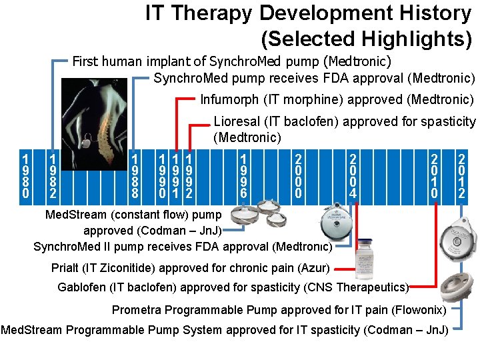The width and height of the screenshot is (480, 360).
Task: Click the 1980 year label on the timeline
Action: click(25, 177)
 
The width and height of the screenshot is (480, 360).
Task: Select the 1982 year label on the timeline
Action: click(52, 177)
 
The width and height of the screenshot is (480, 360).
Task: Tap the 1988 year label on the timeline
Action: click(135, 177)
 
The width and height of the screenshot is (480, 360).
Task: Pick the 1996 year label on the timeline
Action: click(245, 177)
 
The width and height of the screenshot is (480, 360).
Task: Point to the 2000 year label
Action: click(299, 177)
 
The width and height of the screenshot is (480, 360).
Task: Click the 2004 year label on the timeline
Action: click(353, 177)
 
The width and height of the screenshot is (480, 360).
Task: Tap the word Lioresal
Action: click(237, 122)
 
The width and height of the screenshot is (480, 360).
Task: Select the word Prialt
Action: click(65, 269)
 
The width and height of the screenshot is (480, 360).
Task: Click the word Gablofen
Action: click(82, 287)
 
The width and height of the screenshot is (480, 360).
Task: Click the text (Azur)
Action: click(316, 269)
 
